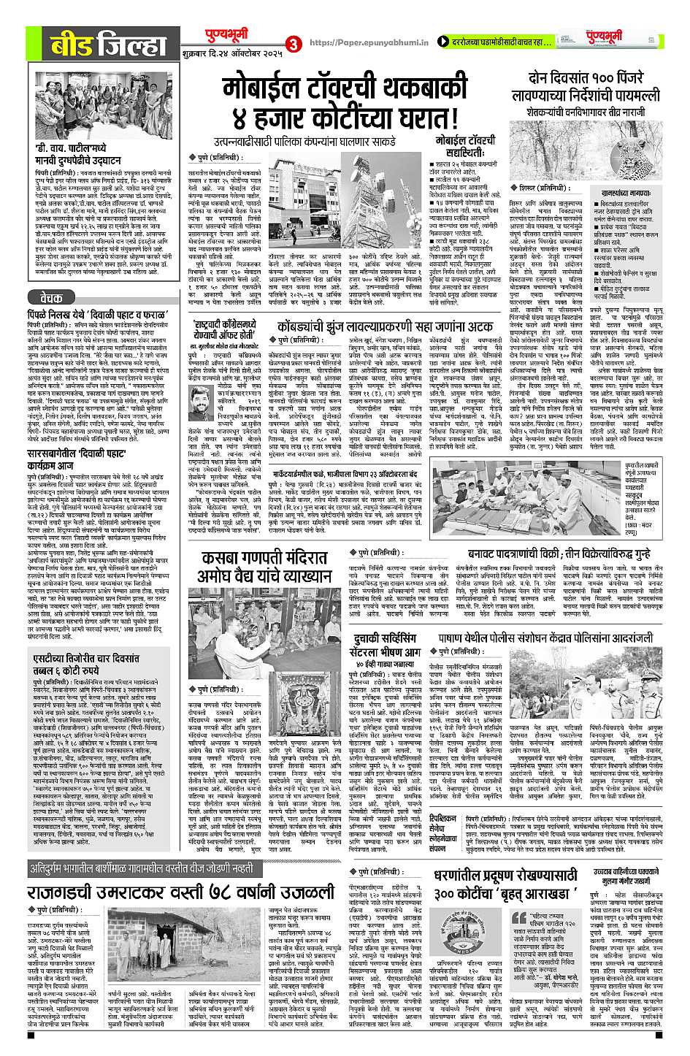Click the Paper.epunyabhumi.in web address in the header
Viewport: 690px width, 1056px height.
(360, 43)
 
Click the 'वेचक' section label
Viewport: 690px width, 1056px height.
(50, 277)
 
